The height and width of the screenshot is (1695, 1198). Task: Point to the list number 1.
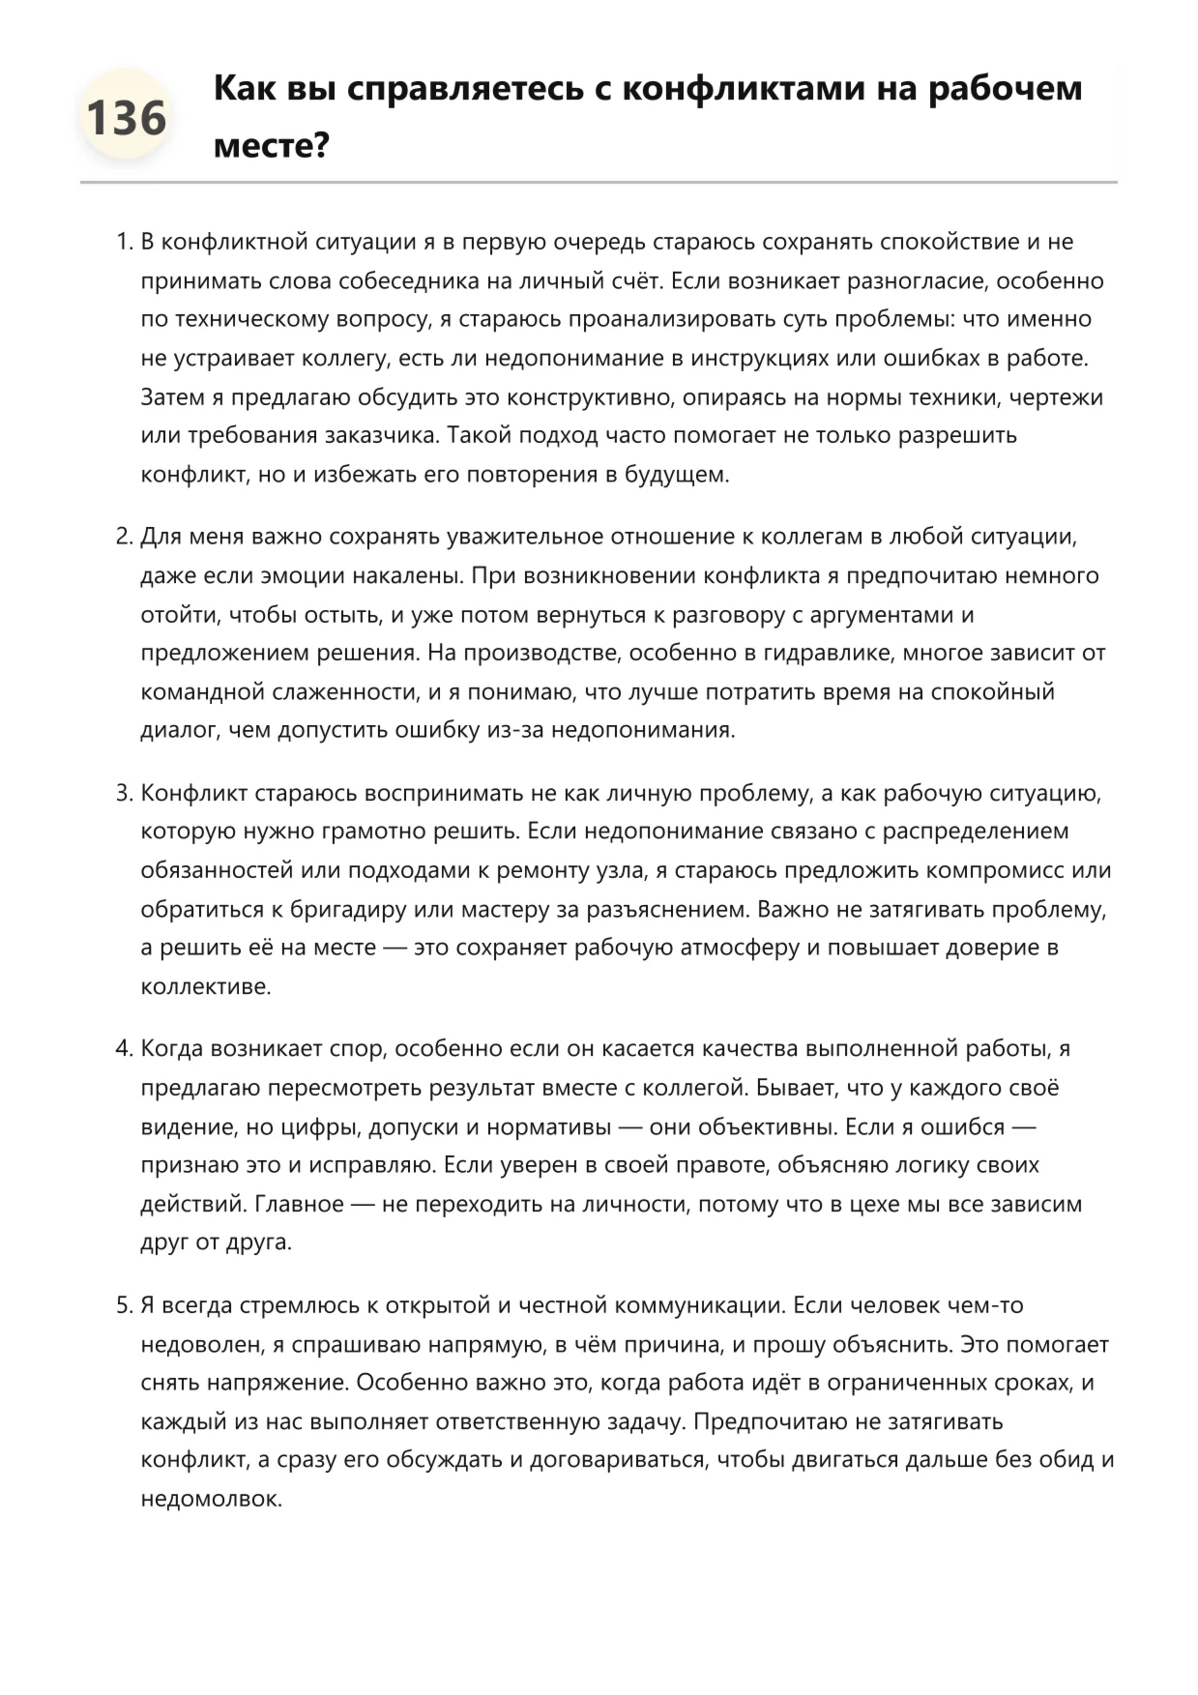click(123, 243)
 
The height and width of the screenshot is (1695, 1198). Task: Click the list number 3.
click(123, 794)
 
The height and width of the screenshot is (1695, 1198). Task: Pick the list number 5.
click(123, 1306)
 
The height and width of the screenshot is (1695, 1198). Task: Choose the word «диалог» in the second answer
click(179, 730)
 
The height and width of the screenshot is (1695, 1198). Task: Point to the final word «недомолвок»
click(211, 1500)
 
